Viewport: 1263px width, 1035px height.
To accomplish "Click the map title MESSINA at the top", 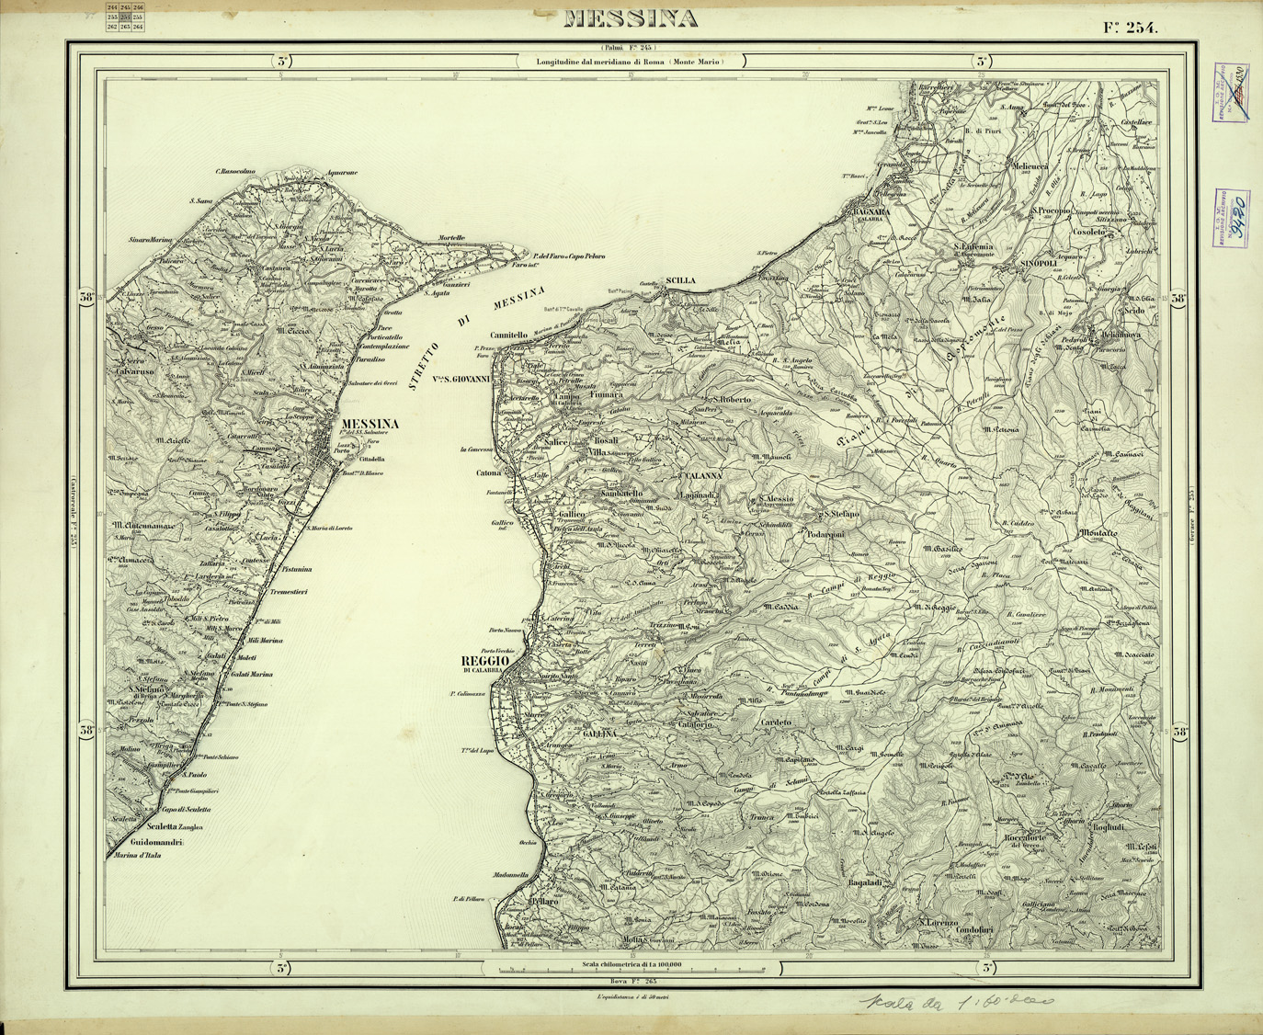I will pyautogui.click(x=630, y=18).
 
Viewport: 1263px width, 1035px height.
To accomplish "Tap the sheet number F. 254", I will pyautogui.click(x=1132, y=27).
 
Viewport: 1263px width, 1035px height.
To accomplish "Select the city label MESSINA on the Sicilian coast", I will pyautogui.click(x=370, y=424).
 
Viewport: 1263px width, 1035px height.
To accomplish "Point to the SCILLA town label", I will pyautogui.click(x=681, y=279).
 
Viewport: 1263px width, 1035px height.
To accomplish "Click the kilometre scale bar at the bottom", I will pyautogui.click(x=630, y=971).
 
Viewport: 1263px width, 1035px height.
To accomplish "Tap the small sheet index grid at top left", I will pyautogui.click(x=125, y=17).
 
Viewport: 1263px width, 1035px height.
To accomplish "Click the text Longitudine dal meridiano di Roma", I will pyautogui.click(x=631, y=61).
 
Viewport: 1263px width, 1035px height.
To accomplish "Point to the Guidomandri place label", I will pyautogui.click(x=158, y=842).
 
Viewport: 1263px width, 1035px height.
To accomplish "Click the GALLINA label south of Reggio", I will pyautogui.click(x=599, y=734).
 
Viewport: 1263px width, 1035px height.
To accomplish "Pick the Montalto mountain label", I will pyautogui.click(x=1098, y=533).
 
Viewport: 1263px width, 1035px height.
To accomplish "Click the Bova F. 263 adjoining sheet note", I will pyautogui.click(x=630, y=983).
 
